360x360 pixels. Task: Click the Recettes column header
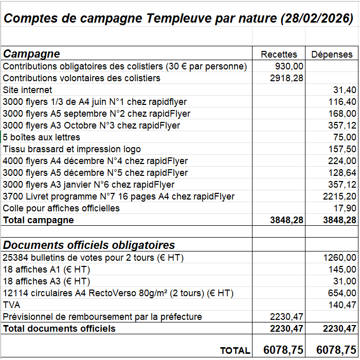pyautogui.click(x=279, y=54)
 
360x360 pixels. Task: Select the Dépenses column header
pyautogui.click(x=332, y=54)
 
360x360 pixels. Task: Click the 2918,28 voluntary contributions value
pyautogui.click(x=286, y=78)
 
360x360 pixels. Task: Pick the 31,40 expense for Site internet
pyautogui.click(x=345, y=90)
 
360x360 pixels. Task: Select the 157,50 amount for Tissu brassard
pyautogui.click(x=342, y=149)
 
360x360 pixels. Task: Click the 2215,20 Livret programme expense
pyautogui.click(x=339, y=196)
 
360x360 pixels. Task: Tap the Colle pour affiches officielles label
pyautogui.click(x=61, y=208)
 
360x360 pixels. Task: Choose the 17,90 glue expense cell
pyautogui.click(x=345, y=208)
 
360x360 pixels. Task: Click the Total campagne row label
pyautogui.click(x=39, y=220)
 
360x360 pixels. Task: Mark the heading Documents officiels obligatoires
pyautogui.click(x=89, y=245)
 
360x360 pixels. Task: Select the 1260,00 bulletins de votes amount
pyautogui.click(x=339, y=257)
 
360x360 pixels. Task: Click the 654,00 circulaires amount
pyautogui.click(x=342, y=293)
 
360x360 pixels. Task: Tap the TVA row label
pyautogui.click(x=11, y=305)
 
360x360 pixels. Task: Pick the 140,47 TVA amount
pyautogui.click(x=342, y=305)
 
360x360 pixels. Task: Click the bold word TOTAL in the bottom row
pyautogui.click(x=235, y=350)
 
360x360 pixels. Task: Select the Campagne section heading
pyautogui.click(x=31, y=53)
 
